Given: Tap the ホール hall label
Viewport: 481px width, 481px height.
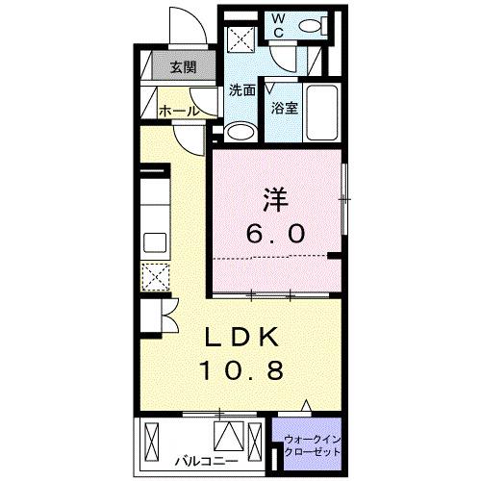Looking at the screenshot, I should pyautogui.click(x=179, y=111).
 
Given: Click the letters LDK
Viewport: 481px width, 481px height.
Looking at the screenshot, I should pyautogui.click(x=242, y=339).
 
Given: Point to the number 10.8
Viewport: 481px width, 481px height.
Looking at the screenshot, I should pyautogui.click(x=242, y=369).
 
